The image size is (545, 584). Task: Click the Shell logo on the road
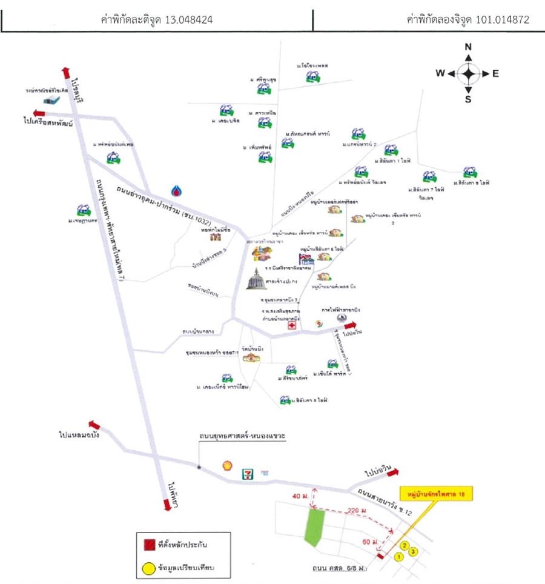pyautogui.click(x=228, y=465)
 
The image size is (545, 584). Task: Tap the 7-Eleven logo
pyautogui.click(x=247, y=471)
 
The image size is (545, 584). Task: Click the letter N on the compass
pyautogui.click(x=468, y=48)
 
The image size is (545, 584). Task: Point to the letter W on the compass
pyautogui.click(x=441, y=73)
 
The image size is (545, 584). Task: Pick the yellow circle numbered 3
pyautogui.click(x=413, y=551)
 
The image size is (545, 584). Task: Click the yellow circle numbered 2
pyautogui.click(x=406, y=544)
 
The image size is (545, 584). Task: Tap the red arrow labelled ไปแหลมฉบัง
pyautogui.click(x=94, y=425)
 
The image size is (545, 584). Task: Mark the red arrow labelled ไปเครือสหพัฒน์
pyautogui.click(x=40, y=113)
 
